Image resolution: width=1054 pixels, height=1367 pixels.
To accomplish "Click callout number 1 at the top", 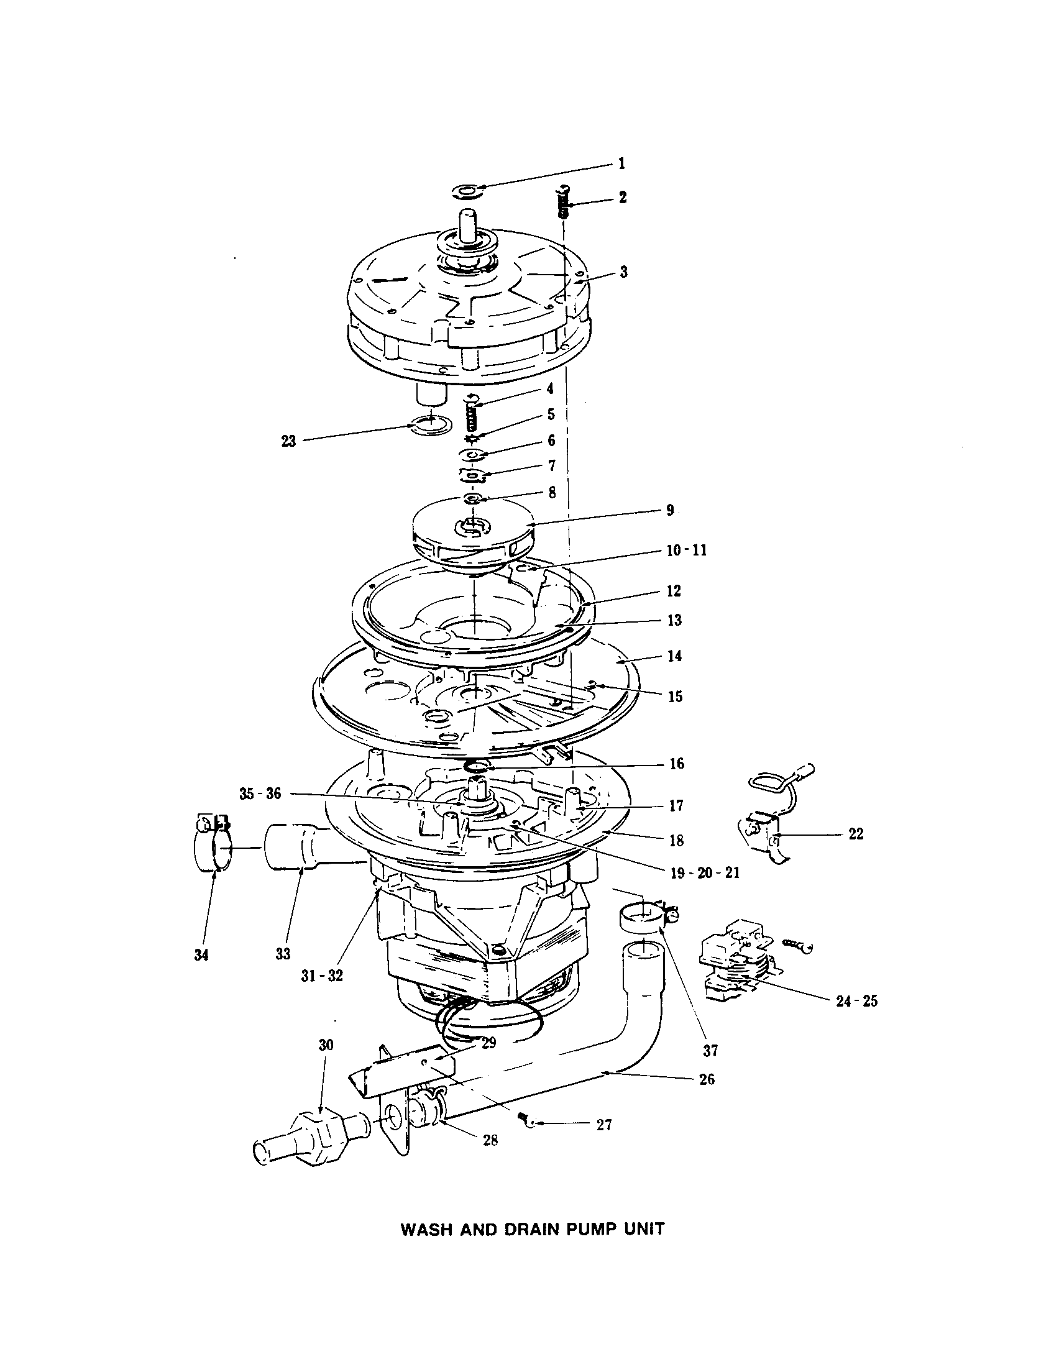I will pyautogui.click(x=621, y=164).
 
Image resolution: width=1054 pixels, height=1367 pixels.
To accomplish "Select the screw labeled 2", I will pyautogui.click(x=563, y=201).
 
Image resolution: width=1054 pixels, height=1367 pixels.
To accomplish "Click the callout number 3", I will pyautogui.click(x=623, y=272).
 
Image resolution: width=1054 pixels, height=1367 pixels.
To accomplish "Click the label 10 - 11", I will pyautogui.click(x=686, y=551).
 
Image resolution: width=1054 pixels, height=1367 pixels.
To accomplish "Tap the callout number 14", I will pyautogui.click(x=674, y=657).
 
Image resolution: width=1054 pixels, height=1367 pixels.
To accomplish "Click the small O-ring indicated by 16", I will pyautogui.click(x=479, y=765).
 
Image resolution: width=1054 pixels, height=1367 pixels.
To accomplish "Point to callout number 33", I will pyautogui.click(x=283, y=953).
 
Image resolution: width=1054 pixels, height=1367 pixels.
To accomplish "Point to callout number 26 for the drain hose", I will pyautogui.click(x=706, y=1079).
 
